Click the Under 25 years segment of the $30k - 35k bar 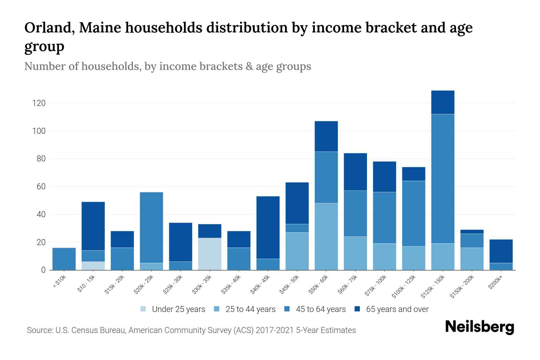tap(210, 254)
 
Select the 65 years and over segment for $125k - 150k tap(442, 102)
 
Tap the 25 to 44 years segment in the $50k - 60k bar tap(326, 236)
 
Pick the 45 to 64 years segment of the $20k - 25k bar tap(151, 227)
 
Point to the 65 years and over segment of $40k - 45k tap(268, 227)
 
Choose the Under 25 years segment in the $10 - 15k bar tap(93, 266)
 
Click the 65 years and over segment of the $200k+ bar tap(501, 251)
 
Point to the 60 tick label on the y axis tap(41, 187)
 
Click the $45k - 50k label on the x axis tap(289, 284)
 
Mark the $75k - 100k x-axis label tap(376, 286)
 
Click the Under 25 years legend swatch tap(143, 309)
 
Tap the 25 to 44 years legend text tap(250, 309)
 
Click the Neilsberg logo tap(479, 327)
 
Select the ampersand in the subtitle tap(248, 66)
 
